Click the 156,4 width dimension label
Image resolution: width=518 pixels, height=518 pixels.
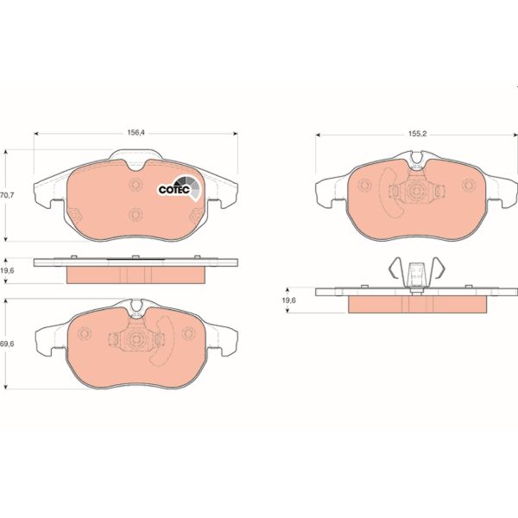pyautogui.click(x=135, y=134)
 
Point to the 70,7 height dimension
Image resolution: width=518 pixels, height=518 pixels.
pyautogui.click(x=8, y=196)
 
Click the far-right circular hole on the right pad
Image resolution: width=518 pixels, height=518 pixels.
pyautogui.click(x=469, y=185)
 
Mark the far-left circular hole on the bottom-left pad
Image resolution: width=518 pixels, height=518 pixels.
pyautogui.click(x=85, y=333)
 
